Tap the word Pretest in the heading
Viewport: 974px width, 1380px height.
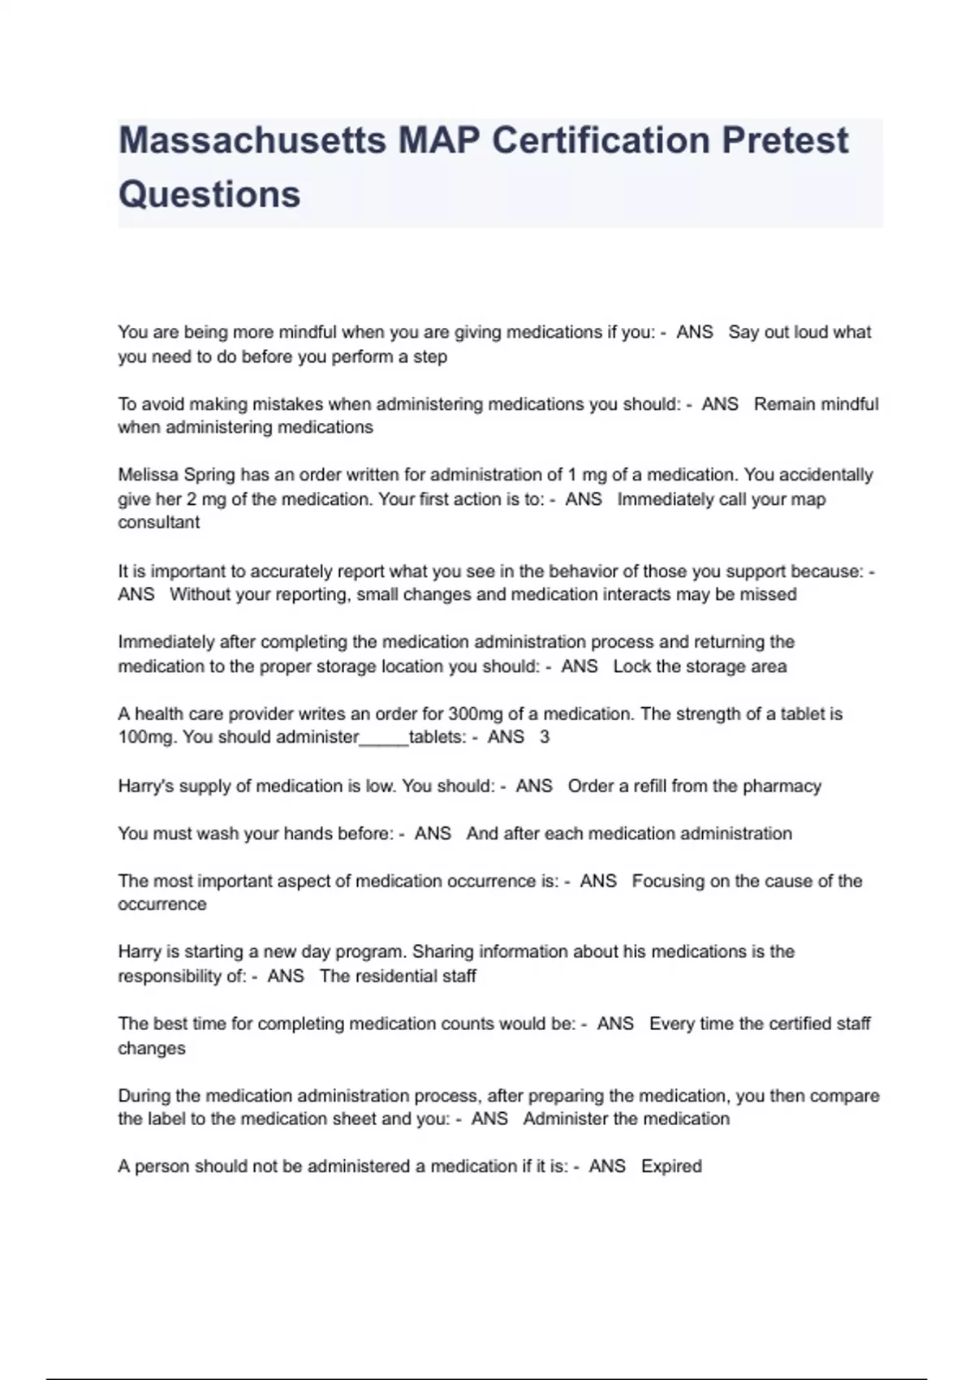coord(785,140)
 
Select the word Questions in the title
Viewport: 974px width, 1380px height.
coord(209,195)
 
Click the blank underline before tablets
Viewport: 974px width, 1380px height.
coord(383,739)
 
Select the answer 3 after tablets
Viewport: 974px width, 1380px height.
coord(545,737)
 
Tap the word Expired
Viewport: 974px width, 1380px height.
coord(671,1167)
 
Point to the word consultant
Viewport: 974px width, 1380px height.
coord(158,523)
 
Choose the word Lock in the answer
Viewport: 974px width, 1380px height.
coord(631,666)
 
